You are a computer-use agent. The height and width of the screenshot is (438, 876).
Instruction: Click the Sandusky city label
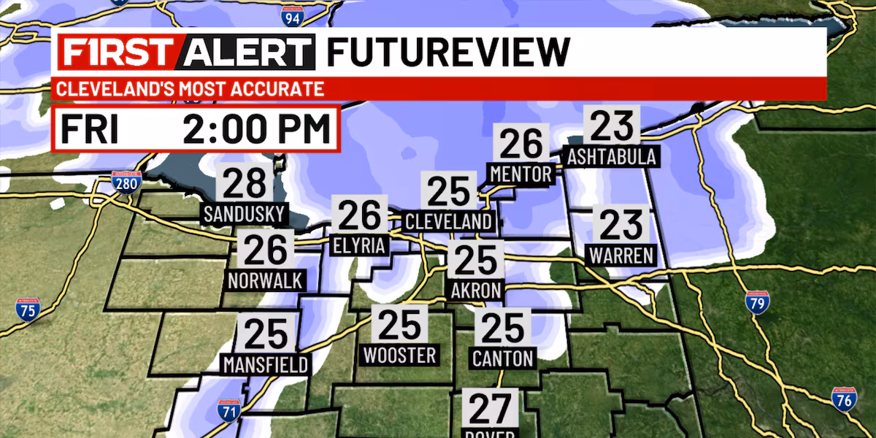pos(245,215)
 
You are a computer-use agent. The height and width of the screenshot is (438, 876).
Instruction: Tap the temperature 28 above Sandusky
pos(245,184)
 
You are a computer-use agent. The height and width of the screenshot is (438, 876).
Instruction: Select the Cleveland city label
pos(449,221)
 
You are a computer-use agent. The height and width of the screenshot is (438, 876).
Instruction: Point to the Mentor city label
pos(521,174)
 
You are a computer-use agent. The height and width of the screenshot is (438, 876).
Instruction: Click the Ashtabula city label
pos(612,156)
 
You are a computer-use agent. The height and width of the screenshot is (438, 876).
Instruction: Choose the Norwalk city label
pos(265,280)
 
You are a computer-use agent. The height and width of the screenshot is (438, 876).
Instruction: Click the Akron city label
pos(476,290)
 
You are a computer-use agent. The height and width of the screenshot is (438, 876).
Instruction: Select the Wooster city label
pos(399,355)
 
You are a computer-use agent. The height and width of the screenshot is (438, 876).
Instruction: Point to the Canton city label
pos(503,358)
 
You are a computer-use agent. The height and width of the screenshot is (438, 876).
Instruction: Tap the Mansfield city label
pos(266,364)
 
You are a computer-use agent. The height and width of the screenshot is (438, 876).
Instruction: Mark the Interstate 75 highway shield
pos(28,309)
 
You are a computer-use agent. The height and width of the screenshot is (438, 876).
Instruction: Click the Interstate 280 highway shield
pos(126,182)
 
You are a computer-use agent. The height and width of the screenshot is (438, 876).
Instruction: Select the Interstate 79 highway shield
pos(758,301)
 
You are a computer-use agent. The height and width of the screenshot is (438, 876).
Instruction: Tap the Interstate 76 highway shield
pos(843,400)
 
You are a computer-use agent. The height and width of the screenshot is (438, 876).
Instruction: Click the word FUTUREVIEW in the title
pos(447,52)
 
